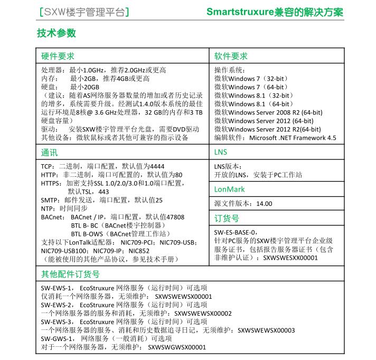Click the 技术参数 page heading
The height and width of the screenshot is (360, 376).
57,33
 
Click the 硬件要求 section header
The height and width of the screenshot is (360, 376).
58,56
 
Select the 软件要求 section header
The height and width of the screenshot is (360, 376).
231,56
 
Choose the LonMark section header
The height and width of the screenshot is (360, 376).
229,189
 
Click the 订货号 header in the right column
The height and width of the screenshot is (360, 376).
227,218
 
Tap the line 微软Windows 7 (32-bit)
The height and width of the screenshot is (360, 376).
250,79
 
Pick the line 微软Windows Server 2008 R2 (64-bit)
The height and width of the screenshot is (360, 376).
268,112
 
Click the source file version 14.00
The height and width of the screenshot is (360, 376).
264,204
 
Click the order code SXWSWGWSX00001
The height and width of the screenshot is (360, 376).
177,347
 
